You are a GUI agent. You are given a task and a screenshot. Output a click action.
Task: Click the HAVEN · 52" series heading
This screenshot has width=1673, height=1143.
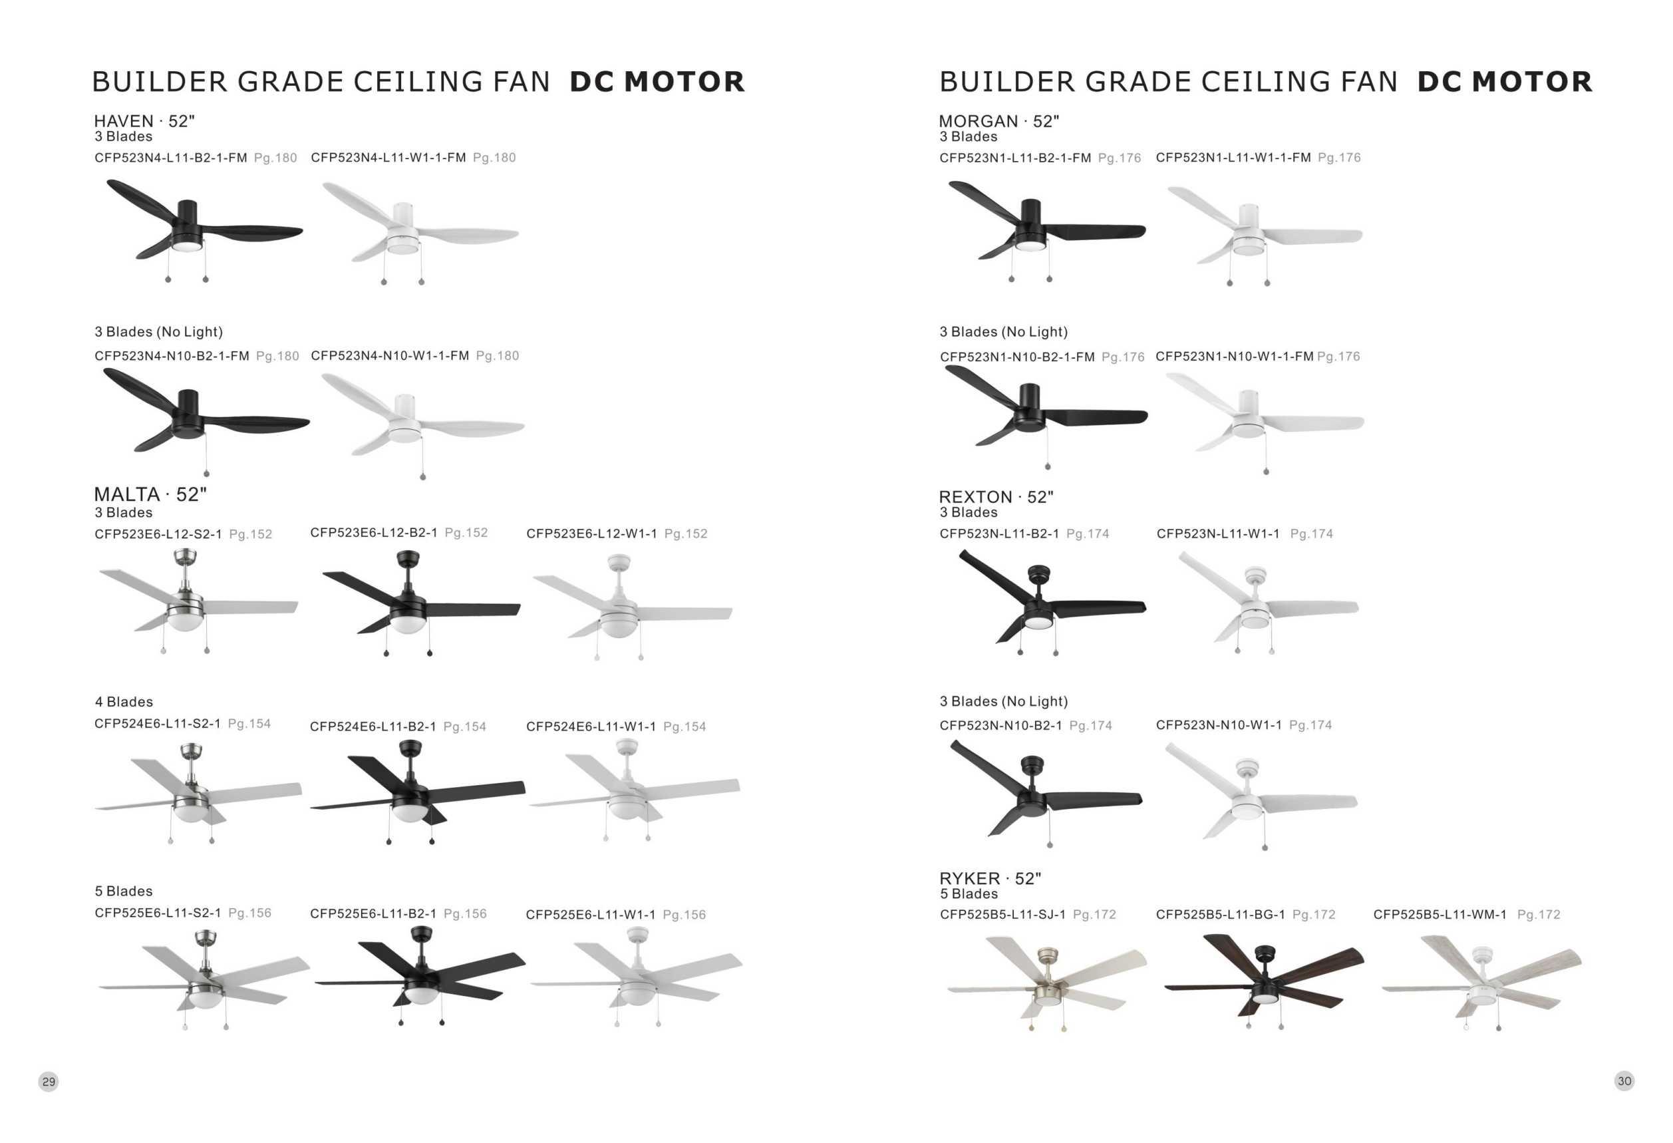[144, 121]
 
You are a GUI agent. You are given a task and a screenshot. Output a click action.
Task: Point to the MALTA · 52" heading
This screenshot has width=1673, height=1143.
[150, 494]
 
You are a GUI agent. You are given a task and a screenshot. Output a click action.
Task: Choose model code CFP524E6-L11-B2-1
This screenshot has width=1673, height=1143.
[373, 727]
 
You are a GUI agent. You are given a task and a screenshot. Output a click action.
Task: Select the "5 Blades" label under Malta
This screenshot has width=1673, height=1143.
[124, 891]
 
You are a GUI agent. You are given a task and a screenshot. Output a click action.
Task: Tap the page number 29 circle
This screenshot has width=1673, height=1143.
[49, 1081]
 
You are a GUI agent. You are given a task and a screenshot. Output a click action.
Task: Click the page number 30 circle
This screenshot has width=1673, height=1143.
[1624, 1080]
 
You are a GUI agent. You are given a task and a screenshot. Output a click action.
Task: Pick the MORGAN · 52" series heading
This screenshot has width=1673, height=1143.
[998, 121]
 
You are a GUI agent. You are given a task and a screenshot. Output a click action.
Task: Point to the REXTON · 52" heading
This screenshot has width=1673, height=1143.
[996, 496]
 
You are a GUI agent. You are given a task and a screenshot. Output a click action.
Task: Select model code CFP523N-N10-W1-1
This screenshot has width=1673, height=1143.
[1219, 725]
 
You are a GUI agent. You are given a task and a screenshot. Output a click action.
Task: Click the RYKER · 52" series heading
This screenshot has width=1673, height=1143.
[990, 878]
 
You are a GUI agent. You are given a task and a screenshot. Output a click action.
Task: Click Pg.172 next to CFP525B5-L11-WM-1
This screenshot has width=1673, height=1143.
[1539, 914]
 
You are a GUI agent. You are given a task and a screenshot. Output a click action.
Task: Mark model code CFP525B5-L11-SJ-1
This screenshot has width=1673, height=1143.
[1002, 914]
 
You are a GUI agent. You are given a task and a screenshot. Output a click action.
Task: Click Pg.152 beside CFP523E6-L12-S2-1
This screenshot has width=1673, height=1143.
[251, 534]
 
